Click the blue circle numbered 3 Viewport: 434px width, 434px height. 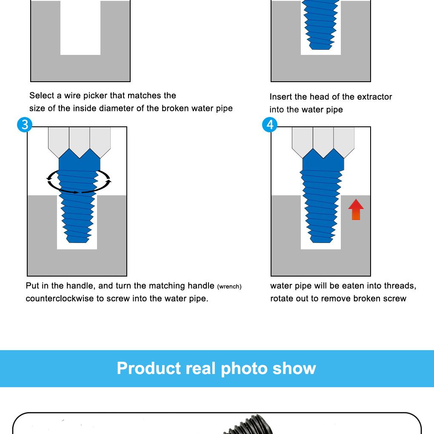(25, 125)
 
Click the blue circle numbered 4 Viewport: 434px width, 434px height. (270, 125)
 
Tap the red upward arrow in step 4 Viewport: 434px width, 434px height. (356, 209)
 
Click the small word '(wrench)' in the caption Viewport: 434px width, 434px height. (229, 287)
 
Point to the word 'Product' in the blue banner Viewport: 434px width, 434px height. (149, 368)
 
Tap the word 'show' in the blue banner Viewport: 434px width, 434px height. (294, 368)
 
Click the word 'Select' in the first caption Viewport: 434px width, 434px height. (41, 96)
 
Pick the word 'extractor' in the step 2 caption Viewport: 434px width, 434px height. (374, 97)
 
